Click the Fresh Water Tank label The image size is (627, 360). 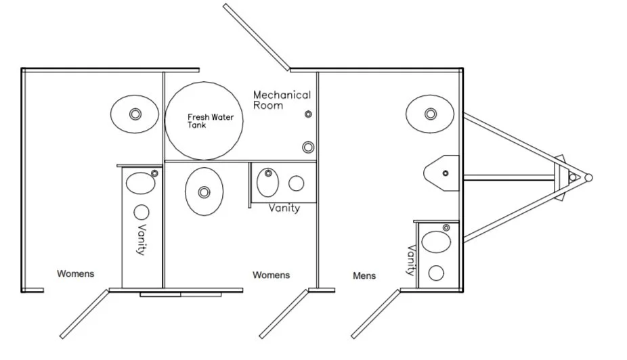(x=210, y=120)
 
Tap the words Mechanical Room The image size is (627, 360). (x=282, y=100)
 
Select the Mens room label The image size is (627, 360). (x=364, y=275)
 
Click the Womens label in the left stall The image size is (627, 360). (x=75, y=273)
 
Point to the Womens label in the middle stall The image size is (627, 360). (x=271, y=275)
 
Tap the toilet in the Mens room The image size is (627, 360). (x=430, y=114)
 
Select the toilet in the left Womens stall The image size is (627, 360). (x=135, y=114)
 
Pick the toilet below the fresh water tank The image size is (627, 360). (x=204, y=192)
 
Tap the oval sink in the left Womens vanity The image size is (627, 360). (x=141, y=183)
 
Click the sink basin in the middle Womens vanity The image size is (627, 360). (x=269, y=181)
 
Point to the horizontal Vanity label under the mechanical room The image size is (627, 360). (x=284, y=208)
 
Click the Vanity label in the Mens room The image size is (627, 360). (x=410, y=261)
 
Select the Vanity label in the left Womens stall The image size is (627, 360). (x=142, y=239)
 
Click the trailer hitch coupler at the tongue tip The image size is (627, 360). (x=588, y=177)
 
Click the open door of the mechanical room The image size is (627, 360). (x=257, y=37)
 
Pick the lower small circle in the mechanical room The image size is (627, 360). (x=308, y=146)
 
